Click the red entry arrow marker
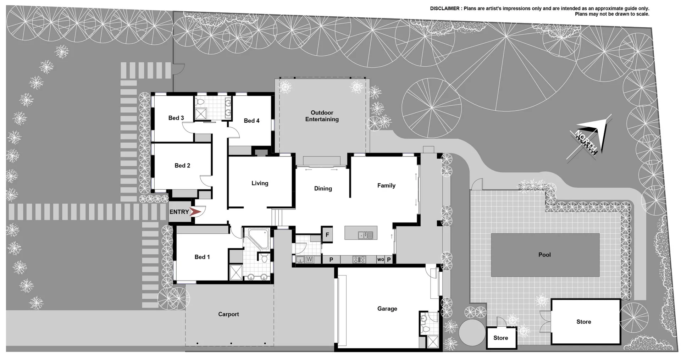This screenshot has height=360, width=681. (x=195, y=212)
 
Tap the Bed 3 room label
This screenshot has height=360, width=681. (x=176, y=118)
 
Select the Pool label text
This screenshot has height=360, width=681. (x=544, y=255)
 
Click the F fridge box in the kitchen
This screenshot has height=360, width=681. (x=327, y=235)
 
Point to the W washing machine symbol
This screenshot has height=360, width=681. (x=309, y=259)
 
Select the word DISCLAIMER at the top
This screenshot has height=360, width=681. (x=444, y=9)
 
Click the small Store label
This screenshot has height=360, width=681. (x=500, y=338)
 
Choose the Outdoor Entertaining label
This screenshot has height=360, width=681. (x=322, y=116)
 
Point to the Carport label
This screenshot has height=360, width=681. (x=228, y=314)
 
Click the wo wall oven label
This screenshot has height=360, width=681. (x=381, y=260)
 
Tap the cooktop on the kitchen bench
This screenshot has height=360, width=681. (x=359, y=260)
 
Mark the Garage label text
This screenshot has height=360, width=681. (x=387, y=309)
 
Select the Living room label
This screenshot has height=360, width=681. (x=260, y=183)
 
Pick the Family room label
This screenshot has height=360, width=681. (x=386, y=185)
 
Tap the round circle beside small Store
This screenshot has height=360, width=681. (x=472, y=332)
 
